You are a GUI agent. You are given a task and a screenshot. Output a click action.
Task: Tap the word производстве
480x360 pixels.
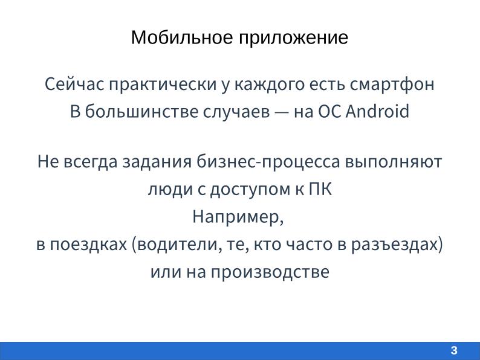(270, 272)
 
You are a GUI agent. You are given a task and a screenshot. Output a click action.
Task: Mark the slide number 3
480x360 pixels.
(454, 351)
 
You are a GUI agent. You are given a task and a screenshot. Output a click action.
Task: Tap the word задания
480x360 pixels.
(157, 162)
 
